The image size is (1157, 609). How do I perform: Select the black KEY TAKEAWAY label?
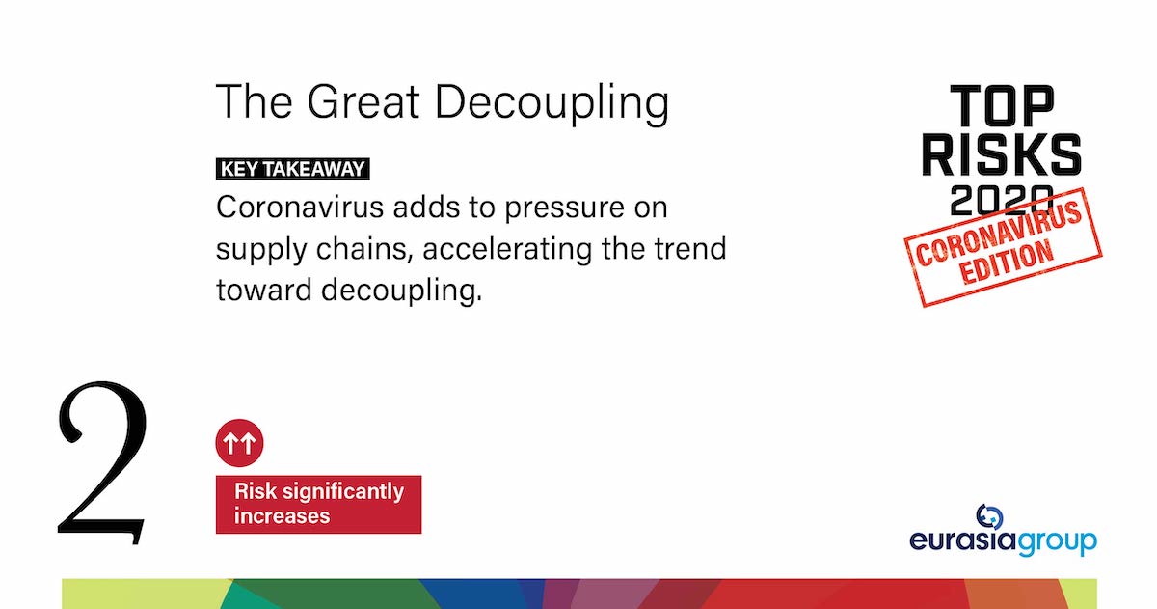pyautogui.click(x=293, y=169)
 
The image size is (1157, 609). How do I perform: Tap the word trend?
pyautogui.click(x=688, y=248)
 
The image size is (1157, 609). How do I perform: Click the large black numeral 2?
pyautogui.click(x=102, y=461)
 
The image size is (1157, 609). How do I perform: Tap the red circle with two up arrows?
pyautogui.click(x=239, y=443)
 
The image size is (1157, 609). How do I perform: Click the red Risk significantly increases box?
pyautogui.click(x=318, y=504)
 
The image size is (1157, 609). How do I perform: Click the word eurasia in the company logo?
pyautogui.click(x=963, y=540)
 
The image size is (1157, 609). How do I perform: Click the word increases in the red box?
pyautogui.click(x=283, y=516)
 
